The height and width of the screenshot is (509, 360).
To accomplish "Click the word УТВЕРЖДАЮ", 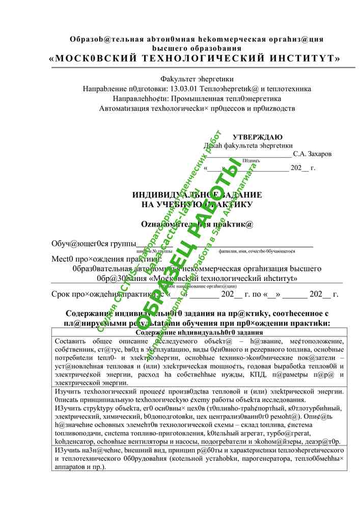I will pos(258,137).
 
